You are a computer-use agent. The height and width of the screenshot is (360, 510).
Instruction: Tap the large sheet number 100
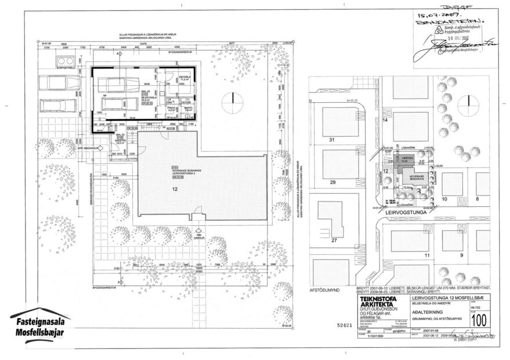coord(479,319)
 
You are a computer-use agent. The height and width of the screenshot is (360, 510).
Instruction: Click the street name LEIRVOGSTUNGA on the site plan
coord(409,213)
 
